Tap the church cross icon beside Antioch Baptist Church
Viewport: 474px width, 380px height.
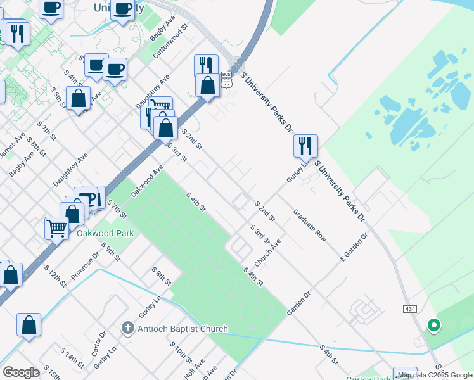click(x=127, y=328)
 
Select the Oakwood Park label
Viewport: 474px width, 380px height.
click(x=105, y=233)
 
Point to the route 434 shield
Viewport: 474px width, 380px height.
click(x=409, y=308)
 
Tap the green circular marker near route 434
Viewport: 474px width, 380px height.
click(x=434, y=326)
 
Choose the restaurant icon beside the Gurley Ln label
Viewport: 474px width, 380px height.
click(x=305, y=146)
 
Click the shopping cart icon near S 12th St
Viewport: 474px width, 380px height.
click(x=56, y=227)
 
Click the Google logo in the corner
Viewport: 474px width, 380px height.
click(x=21, y=372)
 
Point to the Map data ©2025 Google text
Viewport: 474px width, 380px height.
click(x=435, y=375)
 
